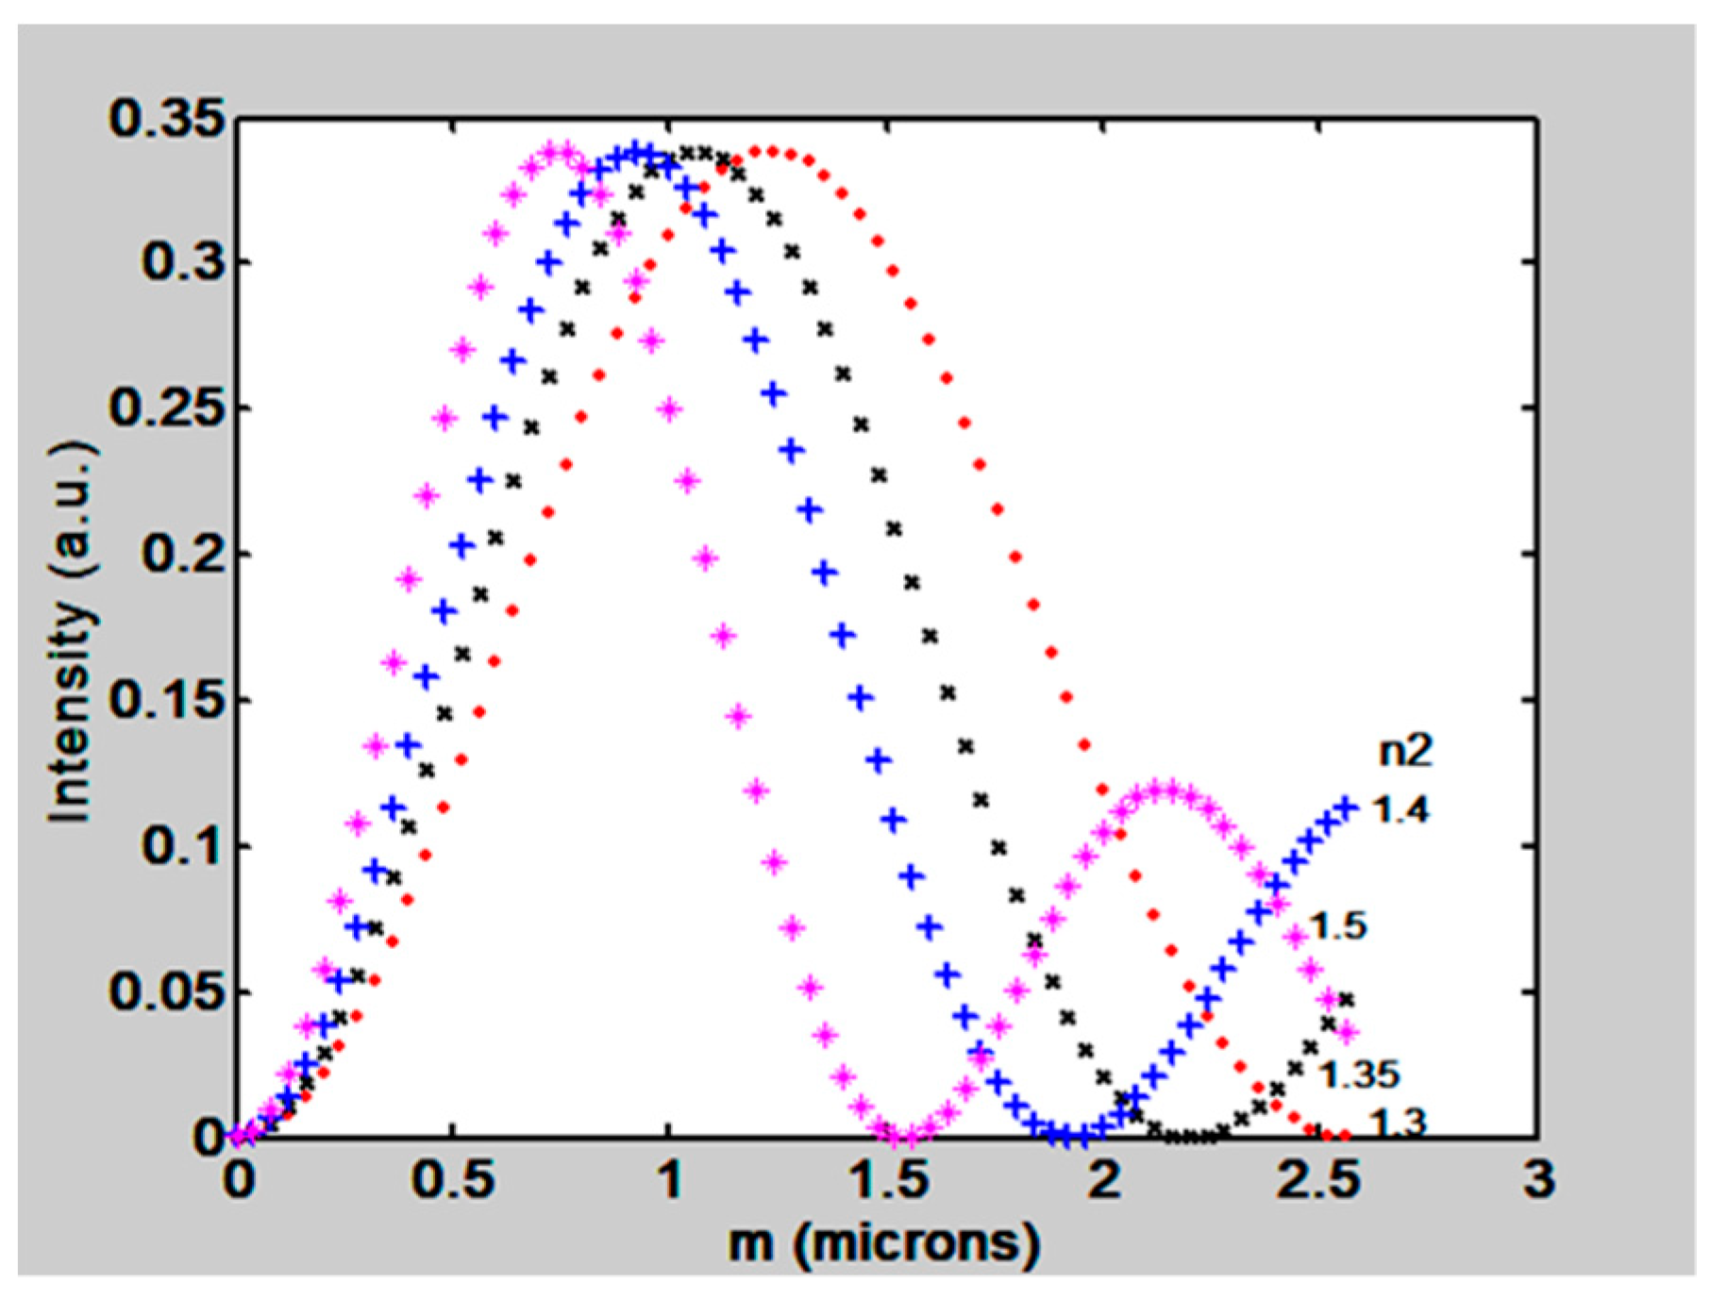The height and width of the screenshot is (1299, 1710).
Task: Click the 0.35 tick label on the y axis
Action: (167, 120)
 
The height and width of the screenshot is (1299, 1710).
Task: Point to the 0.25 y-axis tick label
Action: (167, 408)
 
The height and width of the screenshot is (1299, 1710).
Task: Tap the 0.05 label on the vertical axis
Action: (167, 992)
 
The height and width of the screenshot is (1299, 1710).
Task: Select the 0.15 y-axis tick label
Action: (167, 701)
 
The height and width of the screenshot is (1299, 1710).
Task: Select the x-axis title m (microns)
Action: (884, 1243)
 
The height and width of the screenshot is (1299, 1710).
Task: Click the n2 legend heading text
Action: (1405, 751)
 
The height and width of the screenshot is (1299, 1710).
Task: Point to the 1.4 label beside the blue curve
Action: (1400, 809)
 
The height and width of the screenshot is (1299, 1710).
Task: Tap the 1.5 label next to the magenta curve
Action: (1337, 926)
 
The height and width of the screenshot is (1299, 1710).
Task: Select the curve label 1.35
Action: (1358, 1074)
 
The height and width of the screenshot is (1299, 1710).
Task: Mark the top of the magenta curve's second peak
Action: (1168, 791)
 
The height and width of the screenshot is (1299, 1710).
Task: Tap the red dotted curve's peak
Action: (773, 151)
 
